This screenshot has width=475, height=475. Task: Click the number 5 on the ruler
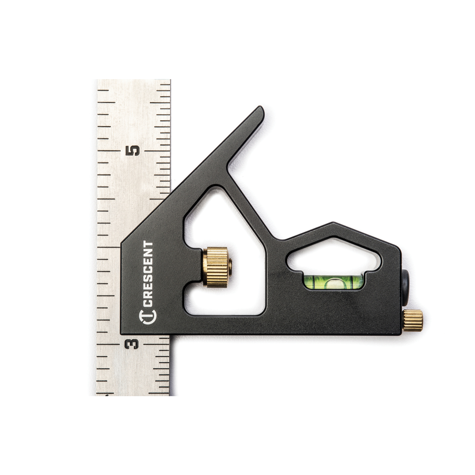132,151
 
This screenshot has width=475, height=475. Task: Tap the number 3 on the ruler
132,344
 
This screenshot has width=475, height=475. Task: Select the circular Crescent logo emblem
148,317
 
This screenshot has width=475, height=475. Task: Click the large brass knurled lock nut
216,267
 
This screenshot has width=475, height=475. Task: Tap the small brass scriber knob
413,320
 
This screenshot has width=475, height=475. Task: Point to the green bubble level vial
333,282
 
